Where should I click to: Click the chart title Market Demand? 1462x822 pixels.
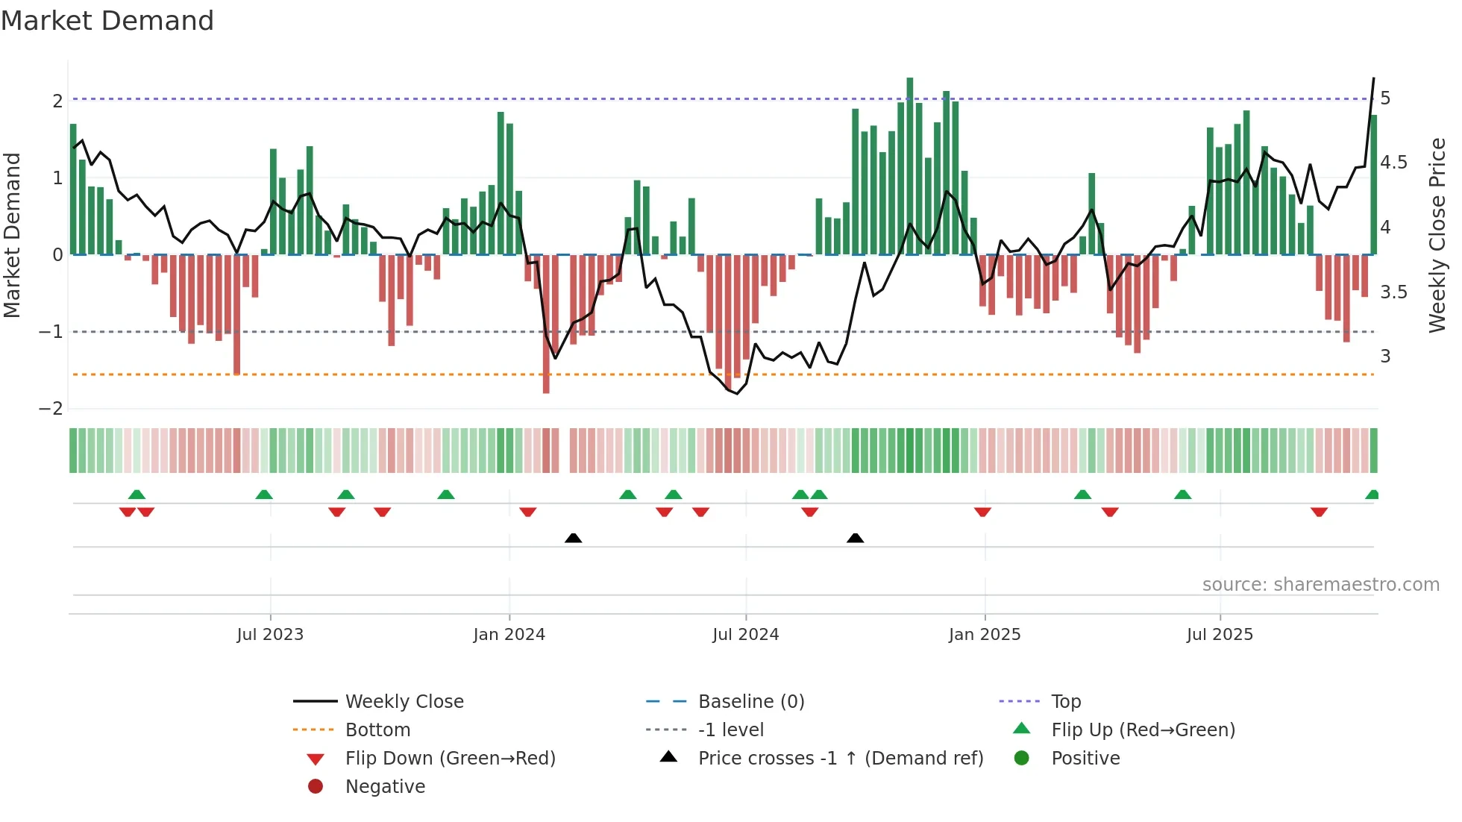click(x=107, y=21)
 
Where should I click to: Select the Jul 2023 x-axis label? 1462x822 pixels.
click(x=270, y=635)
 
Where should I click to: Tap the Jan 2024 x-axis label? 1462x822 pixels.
click(x=509, y=635)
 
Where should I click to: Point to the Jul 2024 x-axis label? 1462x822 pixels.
click(x=745, y=635)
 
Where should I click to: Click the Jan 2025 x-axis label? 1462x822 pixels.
click(x=985, y=635)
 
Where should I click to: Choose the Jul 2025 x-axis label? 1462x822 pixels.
click(x=1220, y=635)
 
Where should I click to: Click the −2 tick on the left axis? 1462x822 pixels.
click(x=51, y=409)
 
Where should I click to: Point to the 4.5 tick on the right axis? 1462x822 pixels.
click(x=1393, y=163)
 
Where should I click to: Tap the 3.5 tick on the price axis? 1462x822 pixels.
click(x=1393, y=292)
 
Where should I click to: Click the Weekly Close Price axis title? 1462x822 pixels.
click(x=1437, y=235)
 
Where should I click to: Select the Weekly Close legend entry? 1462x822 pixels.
click(x=404, y=702)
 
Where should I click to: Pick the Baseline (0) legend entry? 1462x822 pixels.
click(x=750, y=702)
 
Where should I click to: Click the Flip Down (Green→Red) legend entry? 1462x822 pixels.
click(x=450, y=759)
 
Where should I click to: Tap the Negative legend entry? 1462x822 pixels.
click(x=385, y=787)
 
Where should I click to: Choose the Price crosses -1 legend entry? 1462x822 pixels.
click(x=840, y=759)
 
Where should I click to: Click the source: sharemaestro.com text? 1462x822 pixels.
click(x=1320, y=585)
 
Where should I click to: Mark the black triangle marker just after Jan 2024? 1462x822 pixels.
click(x=573, y=538)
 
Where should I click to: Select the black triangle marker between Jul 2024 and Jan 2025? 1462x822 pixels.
click(x=856, y=538)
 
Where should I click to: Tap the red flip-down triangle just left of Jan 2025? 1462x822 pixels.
click(x=982, y=512)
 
